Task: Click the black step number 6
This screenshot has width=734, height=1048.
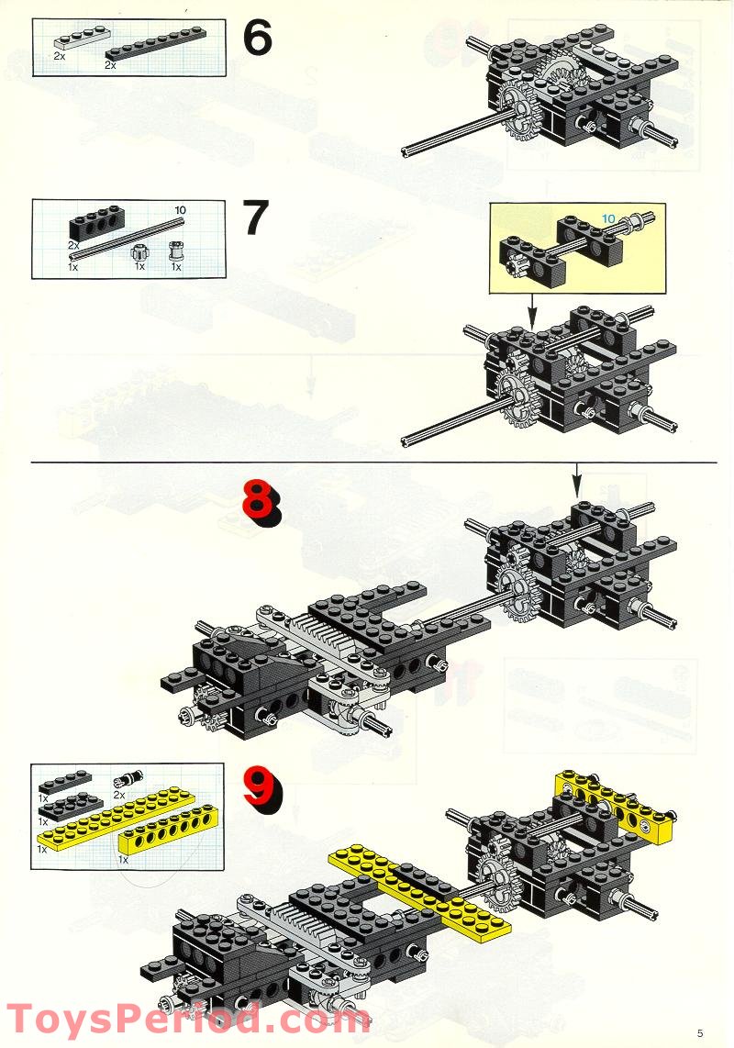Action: tap(257, 38)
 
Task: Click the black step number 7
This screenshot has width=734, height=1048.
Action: tap(256, 217)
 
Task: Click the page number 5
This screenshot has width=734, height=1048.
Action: tap(700, 1032)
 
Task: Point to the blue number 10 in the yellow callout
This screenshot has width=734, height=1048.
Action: tap(608, 218)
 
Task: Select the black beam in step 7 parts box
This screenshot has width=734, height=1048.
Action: tap(97, 226)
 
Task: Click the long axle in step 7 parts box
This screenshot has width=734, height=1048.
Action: tap(127, 238)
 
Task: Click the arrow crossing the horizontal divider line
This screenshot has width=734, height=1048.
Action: tap(578, 478)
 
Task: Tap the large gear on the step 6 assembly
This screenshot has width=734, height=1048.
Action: tap(519, 111)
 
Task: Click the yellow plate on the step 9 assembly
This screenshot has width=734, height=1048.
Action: tap(419, 889)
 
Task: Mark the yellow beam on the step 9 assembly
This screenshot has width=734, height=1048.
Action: tap(615, 803)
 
